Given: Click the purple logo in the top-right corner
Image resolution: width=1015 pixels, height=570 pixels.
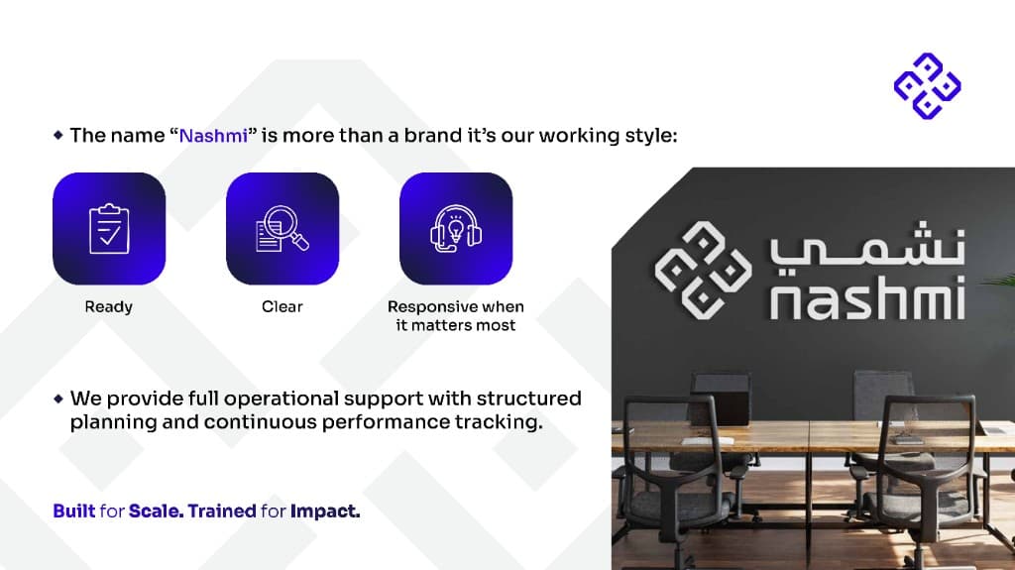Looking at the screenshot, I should pyautogui.click(x=927, y=84).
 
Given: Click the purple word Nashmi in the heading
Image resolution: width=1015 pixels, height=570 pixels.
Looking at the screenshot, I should pyautogui.click(x=213, y=136).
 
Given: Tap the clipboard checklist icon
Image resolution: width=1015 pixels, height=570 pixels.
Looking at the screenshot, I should pyautogui.click(x=109, y=229).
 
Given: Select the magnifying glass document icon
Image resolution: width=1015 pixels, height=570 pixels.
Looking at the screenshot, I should pyautogui.click(x=282, y=229).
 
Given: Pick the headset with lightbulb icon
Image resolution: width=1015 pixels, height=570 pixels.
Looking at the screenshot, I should pyautogui.click(x=456, y=229).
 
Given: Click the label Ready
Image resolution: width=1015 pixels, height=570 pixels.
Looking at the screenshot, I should pyautogui.click(x=109, y=307).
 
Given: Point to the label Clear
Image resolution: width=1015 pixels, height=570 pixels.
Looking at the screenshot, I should pyautogui.click(x=282, y=307).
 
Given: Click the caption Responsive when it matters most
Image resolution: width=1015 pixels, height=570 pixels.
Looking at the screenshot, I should pyautogui.click(x=456, y=316).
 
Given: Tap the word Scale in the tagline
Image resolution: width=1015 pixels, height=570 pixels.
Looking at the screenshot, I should pyautogui.click(x=155, y=512).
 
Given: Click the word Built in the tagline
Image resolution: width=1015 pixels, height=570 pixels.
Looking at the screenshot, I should pyautogui.click(x=74, y=512).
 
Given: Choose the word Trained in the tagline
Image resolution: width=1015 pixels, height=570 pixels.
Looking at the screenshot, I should pyautogui.click(x=222, y=512).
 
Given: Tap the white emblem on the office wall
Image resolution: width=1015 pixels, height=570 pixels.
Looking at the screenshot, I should pyautogui.click(x=702, y=269).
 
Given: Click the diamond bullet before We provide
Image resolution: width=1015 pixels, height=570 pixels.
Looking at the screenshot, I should pyautogui.click(x=58, y=399).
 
